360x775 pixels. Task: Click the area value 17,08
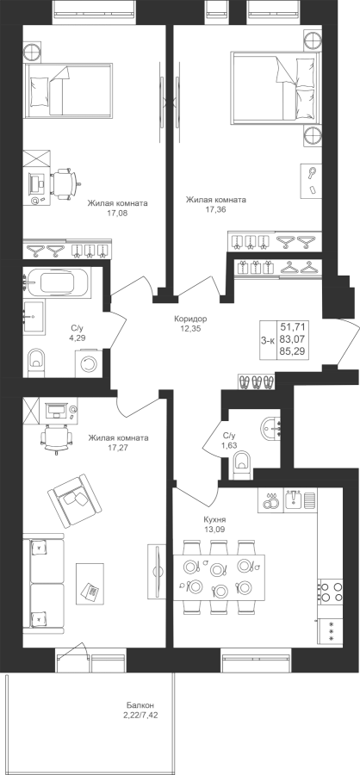tap(117, 214)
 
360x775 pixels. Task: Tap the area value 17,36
tap(215, 209)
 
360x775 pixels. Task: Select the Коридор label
tap(190, 319)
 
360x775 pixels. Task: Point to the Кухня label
tap(214, 519)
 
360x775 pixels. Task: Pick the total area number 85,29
tap(292, 352)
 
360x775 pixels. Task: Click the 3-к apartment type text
tap(268, 339)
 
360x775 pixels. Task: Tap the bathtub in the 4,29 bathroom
tap(58, 282)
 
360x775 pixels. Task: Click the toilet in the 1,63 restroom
tap(241, 466)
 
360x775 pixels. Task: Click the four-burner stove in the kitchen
tap(330, 592)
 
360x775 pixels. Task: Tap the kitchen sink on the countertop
tap(295, 500)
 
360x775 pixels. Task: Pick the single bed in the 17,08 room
tap(68, 90)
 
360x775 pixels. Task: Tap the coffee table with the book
tap(90, 583)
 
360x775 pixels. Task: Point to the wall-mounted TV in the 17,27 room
tap(158, 569)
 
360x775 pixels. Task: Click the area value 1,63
tap(229, 445)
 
